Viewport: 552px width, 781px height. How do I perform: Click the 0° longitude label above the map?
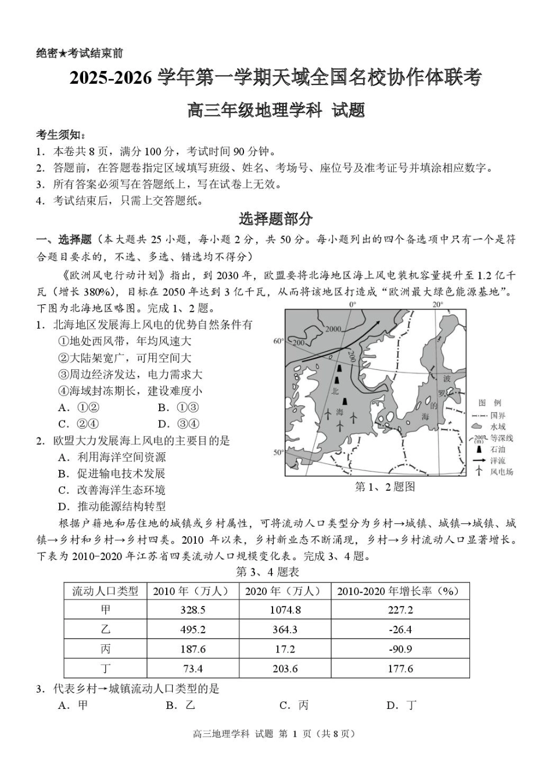352,304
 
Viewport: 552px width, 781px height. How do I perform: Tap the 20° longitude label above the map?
437,304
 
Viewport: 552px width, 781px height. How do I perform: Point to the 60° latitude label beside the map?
278,341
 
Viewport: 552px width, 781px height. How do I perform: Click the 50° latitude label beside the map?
278,452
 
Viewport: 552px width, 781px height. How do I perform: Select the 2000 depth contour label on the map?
333,329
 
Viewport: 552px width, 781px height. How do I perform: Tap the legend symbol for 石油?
479,450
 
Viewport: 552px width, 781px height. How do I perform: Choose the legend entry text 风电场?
501,472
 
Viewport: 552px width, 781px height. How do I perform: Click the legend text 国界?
498,416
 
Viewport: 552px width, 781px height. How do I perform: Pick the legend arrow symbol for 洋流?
479,461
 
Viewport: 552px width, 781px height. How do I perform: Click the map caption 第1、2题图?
385,487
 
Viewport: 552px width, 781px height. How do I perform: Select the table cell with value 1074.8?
285,610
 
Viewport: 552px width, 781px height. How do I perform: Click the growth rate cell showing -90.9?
400,649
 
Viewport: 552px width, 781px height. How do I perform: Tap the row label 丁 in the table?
105,669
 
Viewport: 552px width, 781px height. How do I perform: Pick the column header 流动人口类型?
105,591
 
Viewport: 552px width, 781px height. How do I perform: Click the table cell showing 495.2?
193,630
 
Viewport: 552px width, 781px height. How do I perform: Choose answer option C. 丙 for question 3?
294,705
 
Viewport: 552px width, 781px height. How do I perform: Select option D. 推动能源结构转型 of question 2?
112,506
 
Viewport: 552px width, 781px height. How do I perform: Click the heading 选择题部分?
275,219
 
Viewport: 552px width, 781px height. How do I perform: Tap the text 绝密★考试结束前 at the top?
80,54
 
